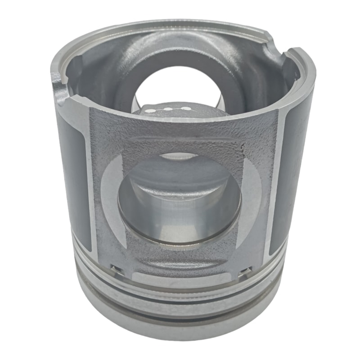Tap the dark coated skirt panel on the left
click(73, 180)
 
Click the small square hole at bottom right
click(246, 270)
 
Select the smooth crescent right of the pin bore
click(252, 198)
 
